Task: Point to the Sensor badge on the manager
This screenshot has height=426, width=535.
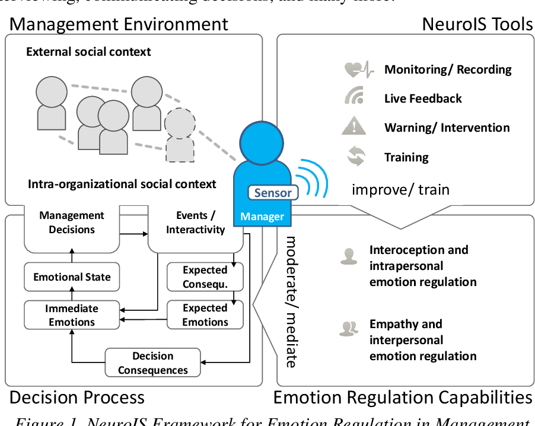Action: click(x=273, y=192)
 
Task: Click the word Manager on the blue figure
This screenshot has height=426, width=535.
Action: click(x=262, y=217)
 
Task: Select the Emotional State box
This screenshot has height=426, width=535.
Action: click(x=72, y=277)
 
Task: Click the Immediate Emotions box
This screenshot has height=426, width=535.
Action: click(x=72, y=315)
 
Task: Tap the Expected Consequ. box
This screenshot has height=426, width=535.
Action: click(x=205, y=277)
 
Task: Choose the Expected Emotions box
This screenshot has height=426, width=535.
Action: click(x=205, y=315)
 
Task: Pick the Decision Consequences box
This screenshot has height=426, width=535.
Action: click(x=153, y=363)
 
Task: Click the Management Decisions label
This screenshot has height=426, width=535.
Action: click(x=72, y=222)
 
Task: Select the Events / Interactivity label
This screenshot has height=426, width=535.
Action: click(x=195, y=222)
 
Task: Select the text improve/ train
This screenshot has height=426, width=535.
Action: click(x=400, y=190)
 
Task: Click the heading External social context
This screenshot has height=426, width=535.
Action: click(x=88, y=52)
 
